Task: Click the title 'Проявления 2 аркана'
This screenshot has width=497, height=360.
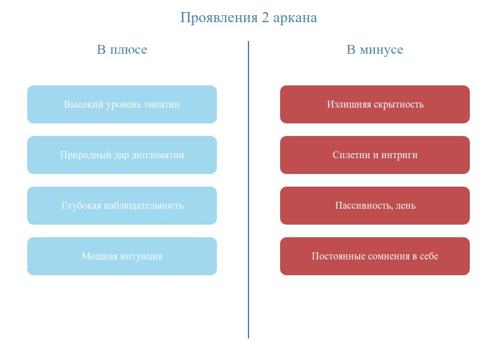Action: click(248, 18)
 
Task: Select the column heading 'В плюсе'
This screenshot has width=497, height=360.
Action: click(122, 49)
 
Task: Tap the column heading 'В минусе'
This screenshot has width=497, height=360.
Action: click(375, 49)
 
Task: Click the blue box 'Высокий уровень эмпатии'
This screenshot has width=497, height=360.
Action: click(122, 104)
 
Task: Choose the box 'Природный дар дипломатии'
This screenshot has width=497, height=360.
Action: click(122, 155)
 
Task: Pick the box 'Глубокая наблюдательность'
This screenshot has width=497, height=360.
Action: click(122, 206)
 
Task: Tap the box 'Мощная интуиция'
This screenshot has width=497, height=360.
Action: click(122, 256)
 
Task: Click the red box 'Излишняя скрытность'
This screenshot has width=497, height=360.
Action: click(375, 104)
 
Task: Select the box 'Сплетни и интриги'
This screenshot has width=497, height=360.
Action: click(375, 155)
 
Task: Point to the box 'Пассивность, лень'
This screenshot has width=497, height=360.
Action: click(375, 206)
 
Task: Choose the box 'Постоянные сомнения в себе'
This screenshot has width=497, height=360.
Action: click(375, 256)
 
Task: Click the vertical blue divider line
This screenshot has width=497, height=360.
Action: click(248, 190)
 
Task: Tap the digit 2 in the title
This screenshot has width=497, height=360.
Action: click(265, 18)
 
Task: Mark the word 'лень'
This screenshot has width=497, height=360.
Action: click(406, 206)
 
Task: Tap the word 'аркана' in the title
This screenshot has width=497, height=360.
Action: click(295, 18)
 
